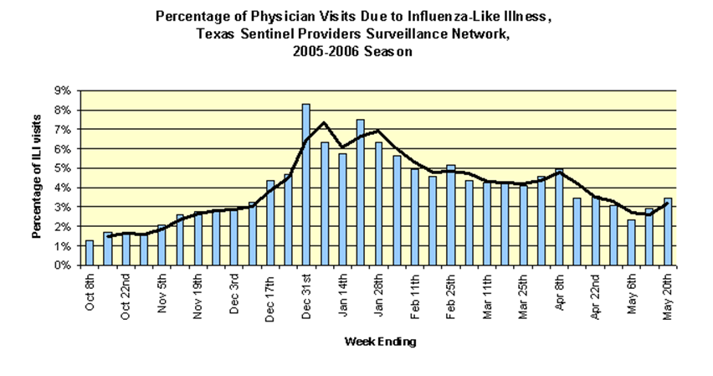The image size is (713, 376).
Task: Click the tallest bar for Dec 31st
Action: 306,185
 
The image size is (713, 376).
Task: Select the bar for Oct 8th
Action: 90,253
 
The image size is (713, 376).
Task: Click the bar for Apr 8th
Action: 559,217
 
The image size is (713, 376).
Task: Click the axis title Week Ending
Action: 379,342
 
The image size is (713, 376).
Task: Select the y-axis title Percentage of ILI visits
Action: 38,178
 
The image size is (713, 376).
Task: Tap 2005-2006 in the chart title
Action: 325,51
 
